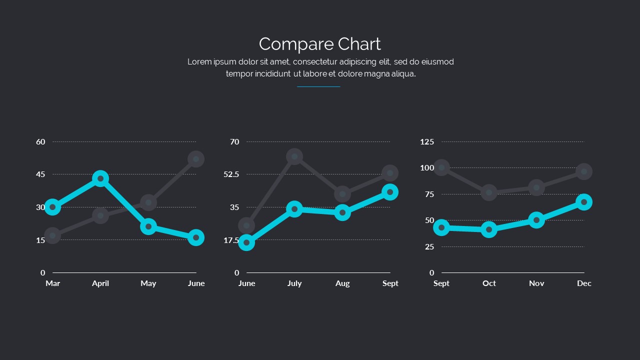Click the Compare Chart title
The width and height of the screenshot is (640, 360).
[320, 44]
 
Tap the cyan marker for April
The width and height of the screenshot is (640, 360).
[100, 178]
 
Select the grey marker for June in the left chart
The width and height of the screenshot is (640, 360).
[196, 159]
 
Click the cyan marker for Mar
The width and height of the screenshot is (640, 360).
[52, 207]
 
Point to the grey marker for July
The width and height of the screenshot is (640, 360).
[294, 156]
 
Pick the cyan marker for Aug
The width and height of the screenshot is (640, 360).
[342, 212]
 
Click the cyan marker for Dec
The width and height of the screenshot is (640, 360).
[584, 202]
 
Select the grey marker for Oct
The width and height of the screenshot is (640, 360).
[489, 192]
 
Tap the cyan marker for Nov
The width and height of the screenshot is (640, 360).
[536, 220]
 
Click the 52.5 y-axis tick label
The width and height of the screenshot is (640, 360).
[231, 174]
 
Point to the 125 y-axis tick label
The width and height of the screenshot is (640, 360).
[427, 142]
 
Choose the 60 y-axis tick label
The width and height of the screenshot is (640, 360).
[40, 142]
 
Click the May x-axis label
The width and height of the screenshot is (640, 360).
[148, 283]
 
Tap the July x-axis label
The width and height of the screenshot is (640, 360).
[294, 283]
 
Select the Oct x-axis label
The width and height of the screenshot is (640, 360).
[489, 283]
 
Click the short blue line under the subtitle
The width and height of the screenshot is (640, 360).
[318, 87]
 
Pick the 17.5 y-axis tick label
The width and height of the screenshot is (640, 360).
[231, 240]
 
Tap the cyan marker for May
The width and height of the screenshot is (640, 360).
[148, 226]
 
